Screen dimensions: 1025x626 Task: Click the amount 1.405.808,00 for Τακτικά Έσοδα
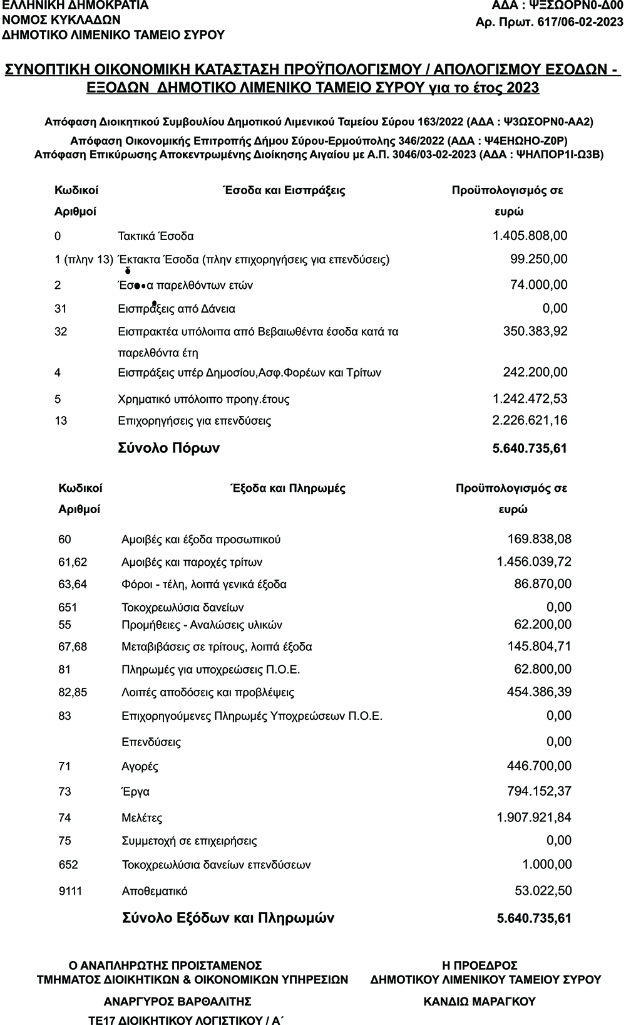530,236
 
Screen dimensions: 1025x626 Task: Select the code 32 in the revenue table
61,331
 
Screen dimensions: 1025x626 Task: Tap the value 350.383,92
535,331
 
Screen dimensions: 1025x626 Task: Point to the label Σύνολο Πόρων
169,449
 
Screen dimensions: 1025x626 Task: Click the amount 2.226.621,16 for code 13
530,420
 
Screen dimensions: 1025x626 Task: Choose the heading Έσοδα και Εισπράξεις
284,190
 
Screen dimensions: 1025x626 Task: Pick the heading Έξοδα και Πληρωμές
288,488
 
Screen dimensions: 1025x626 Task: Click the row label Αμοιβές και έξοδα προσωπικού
201,539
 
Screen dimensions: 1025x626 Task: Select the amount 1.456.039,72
533,562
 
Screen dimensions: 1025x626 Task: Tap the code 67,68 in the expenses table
73,647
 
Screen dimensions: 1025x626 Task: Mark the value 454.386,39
538,692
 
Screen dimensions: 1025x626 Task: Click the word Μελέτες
142,818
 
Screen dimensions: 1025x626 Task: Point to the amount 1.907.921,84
533,818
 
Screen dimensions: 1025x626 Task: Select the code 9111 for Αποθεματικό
70,892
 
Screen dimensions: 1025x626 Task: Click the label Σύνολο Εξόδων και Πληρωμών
228,918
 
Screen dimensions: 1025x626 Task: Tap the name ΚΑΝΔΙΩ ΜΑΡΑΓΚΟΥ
480,1002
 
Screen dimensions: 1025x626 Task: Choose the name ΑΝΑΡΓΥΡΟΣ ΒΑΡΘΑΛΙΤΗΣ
178,1001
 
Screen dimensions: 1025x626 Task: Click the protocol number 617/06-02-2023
577,23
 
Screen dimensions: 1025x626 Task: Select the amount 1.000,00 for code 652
546,865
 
